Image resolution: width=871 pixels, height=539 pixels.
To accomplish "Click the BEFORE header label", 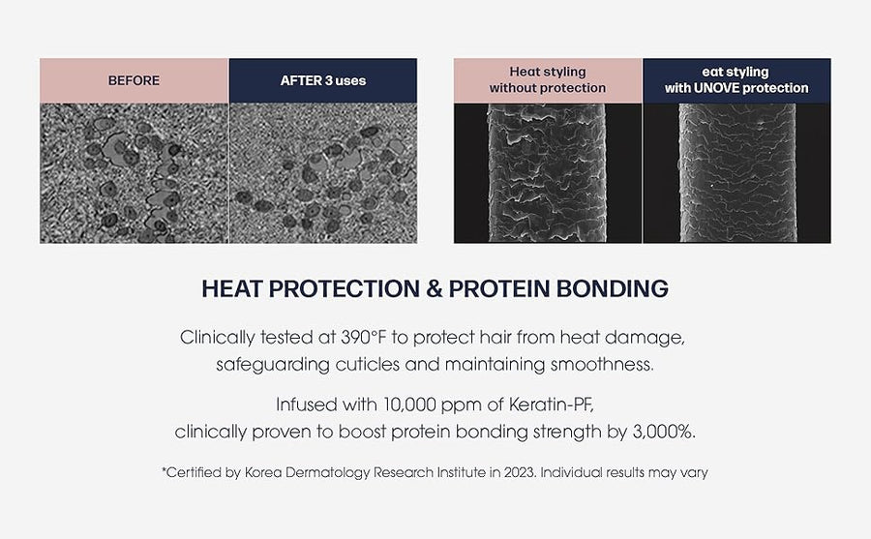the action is (x=134, y=80).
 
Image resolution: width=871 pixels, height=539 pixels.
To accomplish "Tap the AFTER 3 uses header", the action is (x=323, y=80).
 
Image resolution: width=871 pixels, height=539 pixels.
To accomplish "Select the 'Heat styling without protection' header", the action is (x=548, y=80).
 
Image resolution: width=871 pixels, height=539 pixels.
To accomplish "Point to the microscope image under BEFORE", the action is (x=134, y=173).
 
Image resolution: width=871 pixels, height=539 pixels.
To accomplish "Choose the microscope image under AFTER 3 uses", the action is (x=323, y=173).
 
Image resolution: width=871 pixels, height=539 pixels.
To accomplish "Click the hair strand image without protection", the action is (x=548, y=173).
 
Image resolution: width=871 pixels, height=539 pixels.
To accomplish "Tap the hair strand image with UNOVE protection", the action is (x=737, y=173).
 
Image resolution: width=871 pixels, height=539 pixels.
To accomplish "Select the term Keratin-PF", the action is (x=551, y=404).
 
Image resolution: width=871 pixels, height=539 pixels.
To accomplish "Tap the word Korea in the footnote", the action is (x=260, y=473).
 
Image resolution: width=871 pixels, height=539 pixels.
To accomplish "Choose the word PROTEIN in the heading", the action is (x=498, y=289).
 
